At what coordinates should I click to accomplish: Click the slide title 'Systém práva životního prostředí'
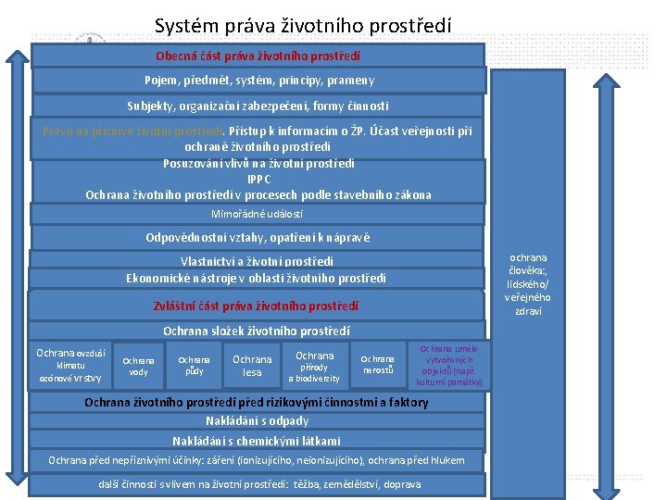click(x=303, y=25)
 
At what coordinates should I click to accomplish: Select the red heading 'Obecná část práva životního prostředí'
click(x=258, y=56)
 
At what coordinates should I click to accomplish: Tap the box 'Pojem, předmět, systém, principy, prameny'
click(x=258, y=80)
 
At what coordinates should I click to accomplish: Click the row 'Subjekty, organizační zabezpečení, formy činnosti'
click(x=258, y=106)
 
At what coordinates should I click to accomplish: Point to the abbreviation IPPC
click(x=258, y=179)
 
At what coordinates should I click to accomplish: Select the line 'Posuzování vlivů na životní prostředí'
click(x=258, y=163)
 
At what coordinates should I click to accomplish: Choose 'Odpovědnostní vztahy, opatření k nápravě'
click(x=258, y=237)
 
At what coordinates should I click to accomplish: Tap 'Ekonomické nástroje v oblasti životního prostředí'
click(x=257, y=278)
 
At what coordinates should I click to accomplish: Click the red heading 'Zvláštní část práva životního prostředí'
click(x=256, y=305)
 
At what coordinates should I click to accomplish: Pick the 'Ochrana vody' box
click(x=138, y=366)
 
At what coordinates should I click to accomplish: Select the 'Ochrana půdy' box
click(x=194, y=365)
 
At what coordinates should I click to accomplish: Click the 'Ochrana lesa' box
click(x=252, y=366)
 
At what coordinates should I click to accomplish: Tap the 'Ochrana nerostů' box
click(x=377, y=366)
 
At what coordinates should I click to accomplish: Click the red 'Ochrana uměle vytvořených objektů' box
click(x=448, y=365)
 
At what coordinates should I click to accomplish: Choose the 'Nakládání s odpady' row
click(x=257, y=421)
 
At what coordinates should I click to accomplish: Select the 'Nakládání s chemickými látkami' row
click(x=257, y=441)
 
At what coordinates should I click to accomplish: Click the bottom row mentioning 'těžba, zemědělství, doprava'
click(x=259, y=484)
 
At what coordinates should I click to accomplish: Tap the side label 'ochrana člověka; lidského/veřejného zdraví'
click(x=527, y=284)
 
